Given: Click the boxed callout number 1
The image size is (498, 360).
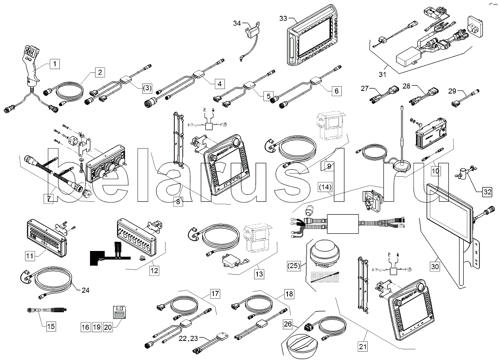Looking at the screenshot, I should click(x=55, y=64).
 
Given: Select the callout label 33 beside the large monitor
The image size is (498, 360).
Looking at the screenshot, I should click(x=284, y=18).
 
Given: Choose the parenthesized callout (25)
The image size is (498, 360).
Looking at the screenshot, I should click(x=294, y=266).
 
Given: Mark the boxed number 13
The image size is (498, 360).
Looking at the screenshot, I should click(x=259, y=274).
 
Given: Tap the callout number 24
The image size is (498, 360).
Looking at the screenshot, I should click(x=85, y=291).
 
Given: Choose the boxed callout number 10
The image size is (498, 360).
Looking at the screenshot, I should click(x=435, y=171).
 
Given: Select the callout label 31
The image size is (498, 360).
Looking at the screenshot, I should click(x=383, y=73).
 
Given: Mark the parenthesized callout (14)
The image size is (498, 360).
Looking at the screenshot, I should click(x=326, y=187).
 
